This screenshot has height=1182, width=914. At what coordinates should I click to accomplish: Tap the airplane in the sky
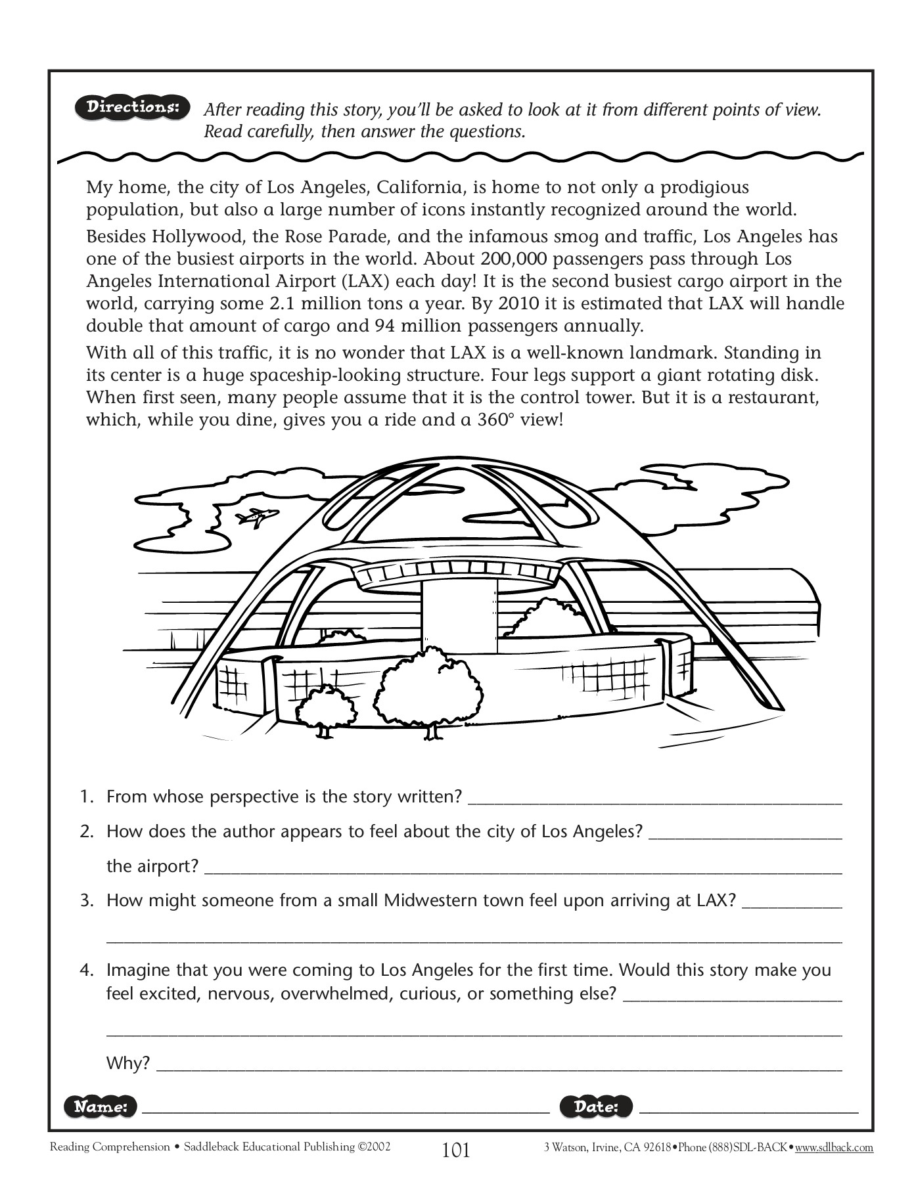pyautogui.click(x=257, y=517)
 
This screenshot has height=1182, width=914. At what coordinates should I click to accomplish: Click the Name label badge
pyautogui.click(x=101, y=1106)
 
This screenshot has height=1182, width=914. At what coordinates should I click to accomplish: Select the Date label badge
pyautogui.click(x=596, y=1106)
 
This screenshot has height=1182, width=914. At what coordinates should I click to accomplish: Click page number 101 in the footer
pyautogui.click(x=456, y=1150)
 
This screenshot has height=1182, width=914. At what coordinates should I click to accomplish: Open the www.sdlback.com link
pyautogui.click(x=834, y=1148)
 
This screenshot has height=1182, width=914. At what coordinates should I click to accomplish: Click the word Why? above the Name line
pyautogui.click(x=128, y=1062)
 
